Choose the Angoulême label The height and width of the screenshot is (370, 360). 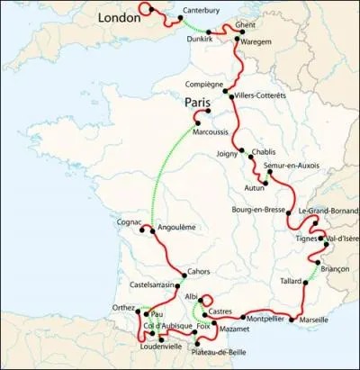pos(175,228)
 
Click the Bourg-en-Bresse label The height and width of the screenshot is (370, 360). pos(256,210)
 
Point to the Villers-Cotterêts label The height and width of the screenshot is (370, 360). pos(261,95)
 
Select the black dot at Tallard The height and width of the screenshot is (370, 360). pos(304,282)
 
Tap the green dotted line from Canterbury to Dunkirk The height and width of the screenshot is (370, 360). pos(190,28)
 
